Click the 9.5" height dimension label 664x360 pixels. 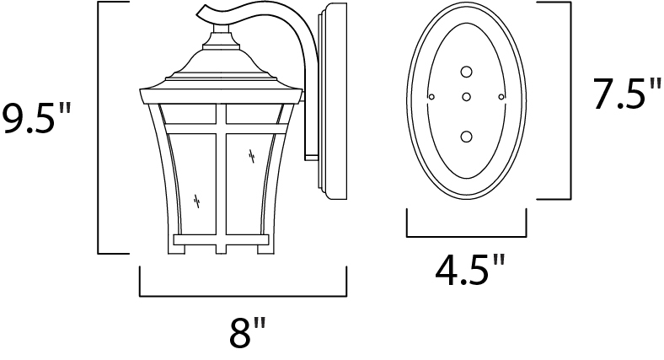tap(37, 120)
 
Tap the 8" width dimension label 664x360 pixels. tap(248, 332)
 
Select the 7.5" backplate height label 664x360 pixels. tap(627, 94)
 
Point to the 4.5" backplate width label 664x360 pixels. tap(470, 270)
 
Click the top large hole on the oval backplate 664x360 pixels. tap(466, 73)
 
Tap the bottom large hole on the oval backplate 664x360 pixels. tap(466, 137)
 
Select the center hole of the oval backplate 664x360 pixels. tap(466, 98)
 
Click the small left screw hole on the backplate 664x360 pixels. tap(431, 97)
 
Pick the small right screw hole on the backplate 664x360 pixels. tap(501, 97)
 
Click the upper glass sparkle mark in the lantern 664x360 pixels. tap(252, 156)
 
